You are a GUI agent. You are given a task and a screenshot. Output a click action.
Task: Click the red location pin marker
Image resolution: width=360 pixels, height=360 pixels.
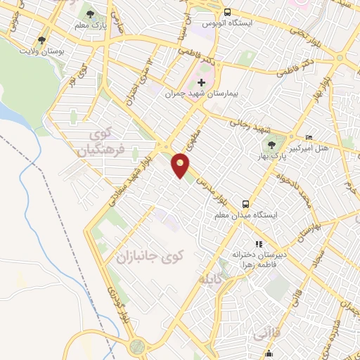coord(181,165)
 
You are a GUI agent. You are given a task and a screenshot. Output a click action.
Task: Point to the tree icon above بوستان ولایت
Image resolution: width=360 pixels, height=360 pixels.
coord(42,40)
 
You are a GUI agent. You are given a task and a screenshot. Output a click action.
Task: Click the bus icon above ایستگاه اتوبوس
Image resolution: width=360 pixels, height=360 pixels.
coord(227,12)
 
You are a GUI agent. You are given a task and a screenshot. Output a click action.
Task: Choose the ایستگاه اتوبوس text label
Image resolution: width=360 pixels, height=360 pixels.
coord(229,23)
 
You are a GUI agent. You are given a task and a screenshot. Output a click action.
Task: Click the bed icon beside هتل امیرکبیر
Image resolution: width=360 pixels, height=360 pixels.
coord(309,136)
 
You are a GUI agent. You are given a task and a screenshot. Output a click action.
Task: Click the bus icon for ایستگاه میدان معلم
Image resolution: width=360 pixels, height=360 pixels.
coord(245,201)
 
